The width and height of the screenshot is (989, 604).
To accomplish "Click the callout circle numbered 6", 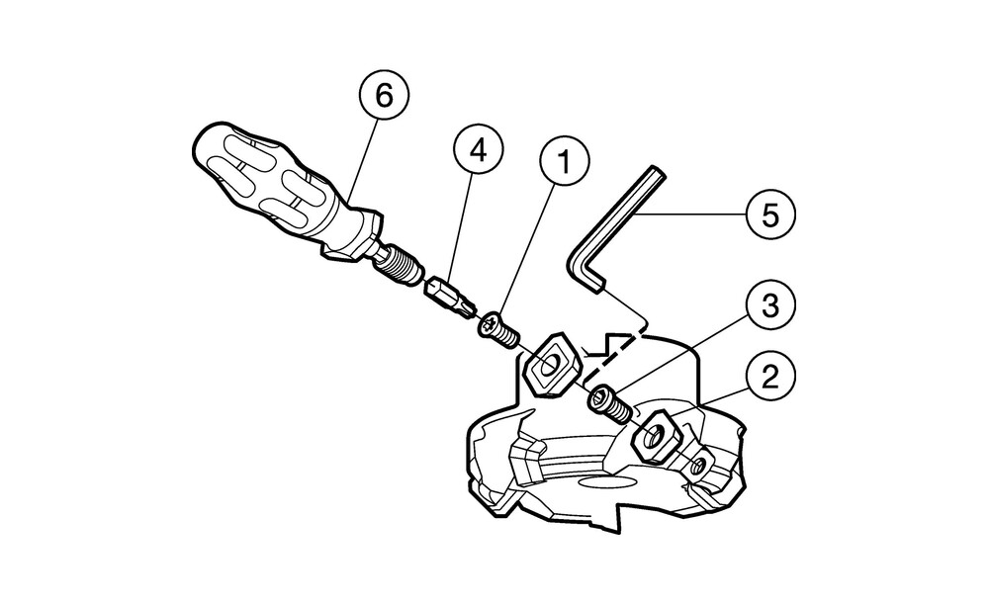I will (x=383, y=97).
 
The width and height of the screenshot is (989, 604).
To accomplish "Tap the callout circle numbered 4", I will (x=479, y=152).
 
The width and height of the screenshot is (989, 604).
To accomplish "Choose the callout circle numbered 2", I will (x=771, y=377).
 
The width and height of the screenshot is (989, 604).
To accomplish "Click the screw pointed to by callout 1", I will (x=500, y=329).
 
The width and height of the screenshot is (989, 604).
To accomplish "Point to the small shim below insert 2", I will (x=701, y=464).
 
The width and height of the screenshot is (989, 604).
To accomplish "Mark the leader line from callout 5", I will (x=691, y=213).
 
